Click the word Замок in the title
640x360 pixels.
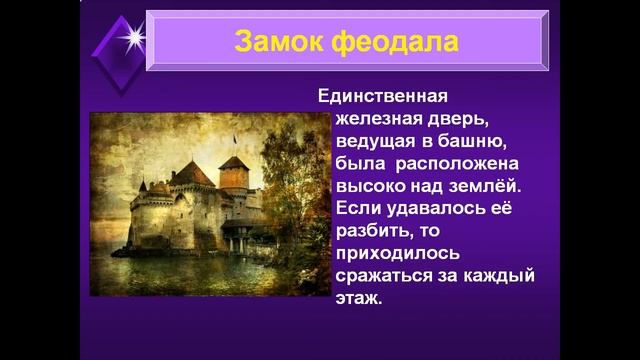coord(279,42)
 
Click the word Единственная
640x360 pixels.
coord(383,97)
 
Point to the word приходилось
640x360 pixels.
coord(391,253)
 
